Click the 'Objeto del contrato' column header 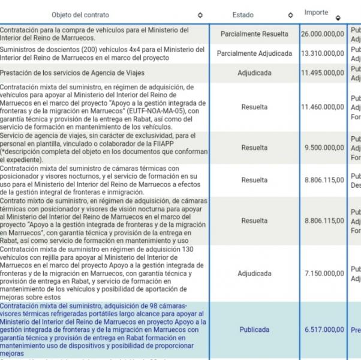80,15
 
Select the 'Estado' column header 243,15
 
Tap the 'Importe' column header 316,13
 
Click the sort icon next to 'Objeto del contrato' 200,16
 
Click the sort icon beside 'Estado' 290,16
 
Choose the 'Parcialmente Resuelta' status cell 254,34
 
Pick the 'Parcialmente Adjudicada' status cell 254,53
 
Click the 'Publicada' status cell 254,329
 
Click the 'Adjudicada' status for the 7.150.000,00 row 254,274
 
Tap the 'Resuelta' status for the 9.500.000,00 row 254,148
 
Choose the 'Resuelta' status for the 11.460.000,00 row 254,107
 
